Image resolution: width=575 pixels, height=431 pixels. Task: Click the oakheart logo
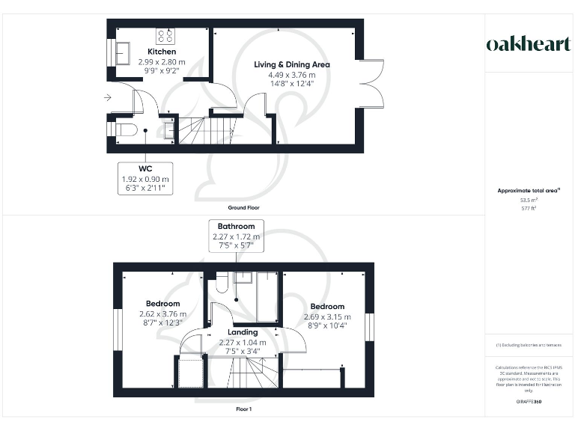point(528,43)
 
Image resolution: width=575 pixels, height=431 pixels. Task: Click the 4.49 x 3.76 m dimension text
point(291,75)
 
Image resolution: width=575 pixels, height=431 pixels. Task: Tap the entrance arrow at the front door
point(108,97)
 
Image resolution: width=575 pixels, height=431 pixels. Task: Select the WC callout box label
point(145,169)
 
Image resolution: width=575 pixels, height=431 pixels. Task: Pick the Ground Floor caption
point(243,207)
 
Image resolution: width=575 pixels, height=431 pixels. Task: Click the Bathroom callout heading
point(236,226)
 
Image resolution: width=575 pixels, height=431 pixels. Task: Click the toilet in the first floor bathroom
point(221,284)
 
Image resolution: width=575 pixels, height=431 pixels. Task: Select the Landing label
point(242,332)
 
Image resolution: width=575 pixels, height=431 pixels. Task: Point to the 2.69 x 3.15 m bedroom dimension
point(327,317)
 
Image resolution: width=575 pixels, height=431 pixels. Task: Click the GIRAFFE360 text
point(528,403)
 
